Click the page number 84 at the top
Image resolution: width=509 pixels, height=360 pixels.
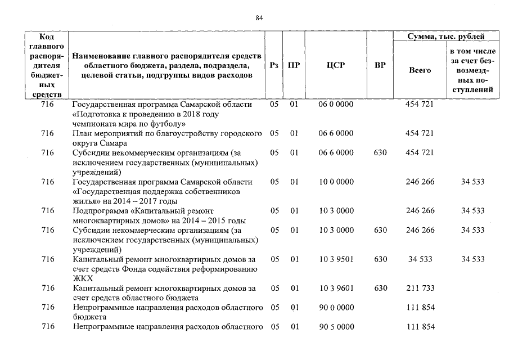click(259, 18)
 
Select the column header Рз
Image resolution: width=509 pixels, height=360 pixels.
click(274, 65)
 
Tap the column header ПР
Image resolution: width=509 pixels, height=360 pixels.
click(294, 65)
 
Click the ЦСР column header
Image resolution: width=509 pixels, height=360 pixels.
click(336, 65)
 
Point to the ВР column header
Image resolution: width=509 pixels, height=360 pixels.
click(380, 65)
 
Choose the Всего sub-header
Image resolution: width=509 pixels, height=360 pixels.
click(420, 70)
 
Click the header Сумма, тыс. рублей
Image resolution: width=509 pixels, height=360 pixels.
click(446, 37)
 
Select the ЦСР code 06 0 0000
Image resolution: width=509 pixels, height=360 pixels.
click(336, 105)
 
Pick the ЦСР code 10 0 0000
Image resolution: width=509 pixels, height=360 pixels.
click(336, 182)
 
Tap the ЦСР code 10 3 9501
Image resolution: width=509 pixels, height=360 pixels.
click(336, 259)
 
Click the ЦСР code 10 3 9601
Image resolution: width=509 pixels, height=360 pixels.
click(336, 288)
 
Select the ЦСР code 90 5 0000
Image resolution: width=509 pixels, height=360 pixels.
click(336, 326)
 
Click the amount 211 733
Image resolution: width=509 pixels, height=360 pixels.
click(420, 288)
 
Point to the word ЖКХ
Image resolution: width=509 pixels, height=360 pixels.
click(83, 278)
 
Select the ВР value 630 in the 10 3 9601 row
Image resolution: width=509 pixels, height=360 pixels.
click(380, 288)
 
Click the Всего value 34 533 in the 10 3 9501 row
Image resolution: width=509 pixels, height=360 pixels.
click(420, 259)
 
